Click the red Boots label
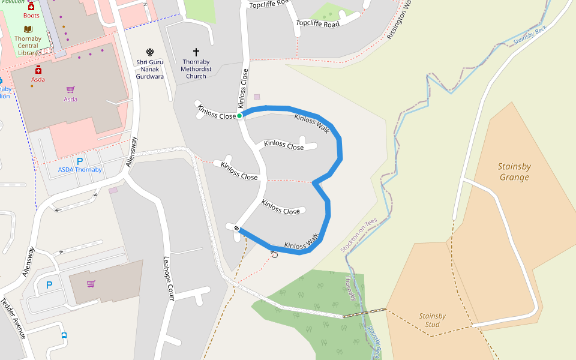click(x=31, y=16)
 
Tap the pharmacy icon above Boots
click(x=31, y=6)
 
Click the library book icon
click(x=28, y=29)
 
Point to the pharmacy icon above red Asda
click(x=38, y=70)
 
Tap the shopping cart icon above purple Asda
click(x=71, y=89)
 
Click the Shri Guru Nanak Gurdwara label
click(x=149, y=69)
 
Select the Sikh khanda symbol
click(x=149, y=52)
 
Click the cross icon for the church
click(x=196, y=52)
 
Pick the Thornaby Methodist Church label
click(x=196, y=69)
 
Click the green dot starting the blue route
click(x=239, y=115)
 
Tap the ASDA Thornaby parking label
click(x=80, y=170)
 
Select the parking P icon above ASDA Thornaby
click(x=79, y=160)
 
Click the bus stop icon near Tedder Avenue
click(x=64, y=336)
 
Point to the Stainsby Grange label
click(x=514, y=172)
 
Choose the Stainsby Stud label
click(x=432, y=320)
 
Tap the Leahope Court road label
click(x=169, y=278)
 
